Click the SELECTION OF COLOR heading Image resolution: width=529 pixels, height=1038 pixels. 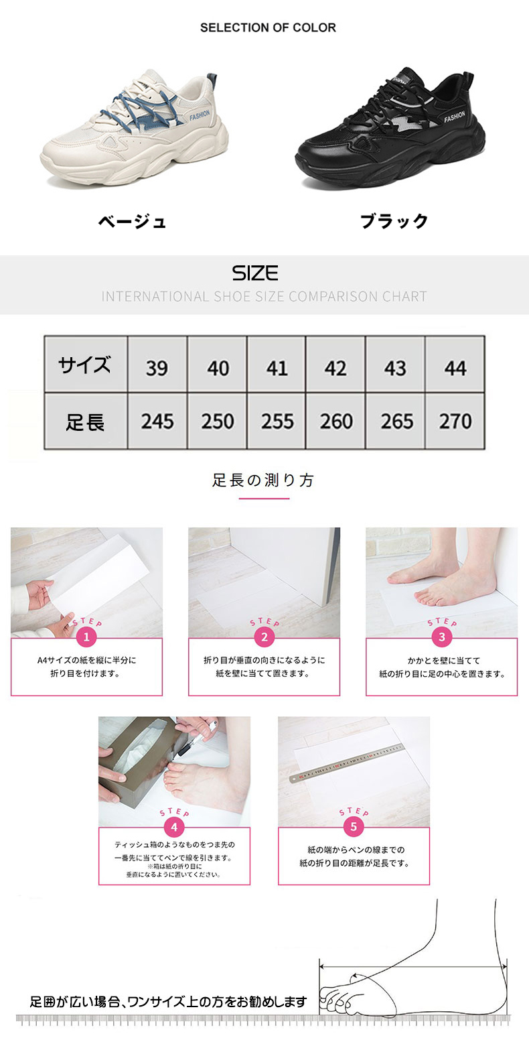[268, 27]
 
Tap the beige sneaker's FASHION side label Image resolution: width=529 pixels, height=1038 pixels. [200, 115]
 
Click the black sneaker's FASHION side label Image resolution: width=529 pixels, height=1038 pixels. [455, 117]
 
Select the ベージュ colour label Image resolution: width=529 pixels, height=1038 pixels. [132, 222]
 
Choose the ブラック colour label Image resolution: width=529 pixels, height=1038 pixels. [394, 221]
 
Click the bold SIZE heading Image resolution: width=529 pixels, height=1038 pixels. [255, 273]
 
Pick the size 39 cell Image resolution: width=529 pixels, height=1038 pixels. [157, 365]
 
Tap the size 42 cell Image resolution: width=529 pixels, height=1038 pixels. [335, 365]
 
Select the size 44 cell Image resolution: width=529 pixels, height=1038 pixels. [455, 365]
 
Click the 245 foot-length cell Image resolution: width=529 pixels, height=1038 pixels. [157, 421]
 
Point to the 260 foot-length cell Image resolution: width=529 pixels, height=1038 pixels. [335, 421]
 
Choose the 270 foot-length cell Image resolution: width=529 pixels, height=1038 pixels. [455, 421]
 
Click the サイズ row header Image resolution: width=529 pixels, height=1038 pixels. [86, 365]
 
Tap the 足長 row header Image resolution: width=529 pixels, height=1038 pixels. [86, 421]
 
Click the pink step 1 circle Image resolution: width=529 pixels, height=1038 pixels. [86, 637]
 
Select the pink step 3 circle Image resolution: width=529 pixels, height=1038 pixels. [441, 637]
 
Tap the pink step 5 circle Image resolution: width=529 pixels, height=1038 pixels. [354, 827]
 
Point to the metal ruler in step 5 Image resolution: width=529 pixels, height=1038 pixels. [346, 763]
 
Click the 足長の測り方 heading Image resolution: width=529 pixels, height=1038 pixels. [264, 480]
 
